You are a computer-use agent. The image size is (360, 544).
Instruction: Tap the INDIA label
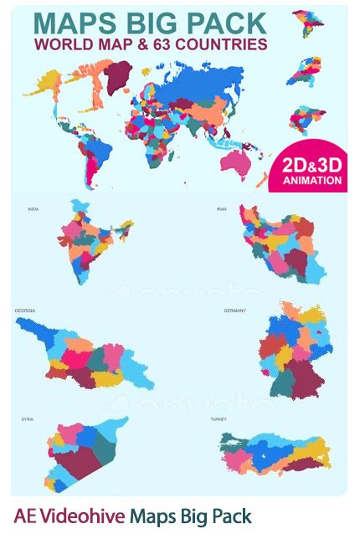click(33, 209)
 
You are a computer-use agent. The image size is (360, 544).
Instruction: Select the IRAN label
click(222, 209)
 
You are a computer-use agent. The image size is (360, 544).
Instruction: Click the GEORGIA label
click(24, 310)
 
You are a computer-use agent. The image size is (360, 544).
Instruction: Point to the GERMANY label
click(234, 310)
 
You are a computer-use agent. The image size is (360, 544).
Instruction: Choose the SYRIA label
click(27, 418)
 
